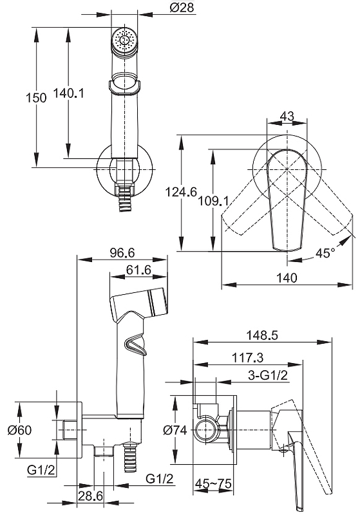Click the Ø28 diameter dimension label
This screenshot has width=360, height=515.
pos(182,7)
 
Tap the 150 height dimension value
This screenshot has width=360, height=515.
pos(36,98)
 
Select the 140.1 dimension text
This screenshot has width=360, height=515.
pos(68,93)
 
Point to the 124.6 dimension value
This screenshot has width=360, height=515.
pos(181,191)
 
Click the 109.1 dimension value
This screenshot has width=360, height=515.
pos(213,201)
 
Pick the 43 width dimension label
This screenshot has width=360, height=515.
pos(287,116)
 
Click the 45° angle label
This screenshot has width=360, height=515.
pos(325,252)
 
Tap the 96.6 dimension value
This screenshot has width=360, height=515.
pos(122,252)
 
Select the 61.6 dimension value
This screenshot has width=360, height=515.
pos(138,270)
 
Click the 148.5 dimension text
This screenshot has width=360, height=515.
pos(262,335)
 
